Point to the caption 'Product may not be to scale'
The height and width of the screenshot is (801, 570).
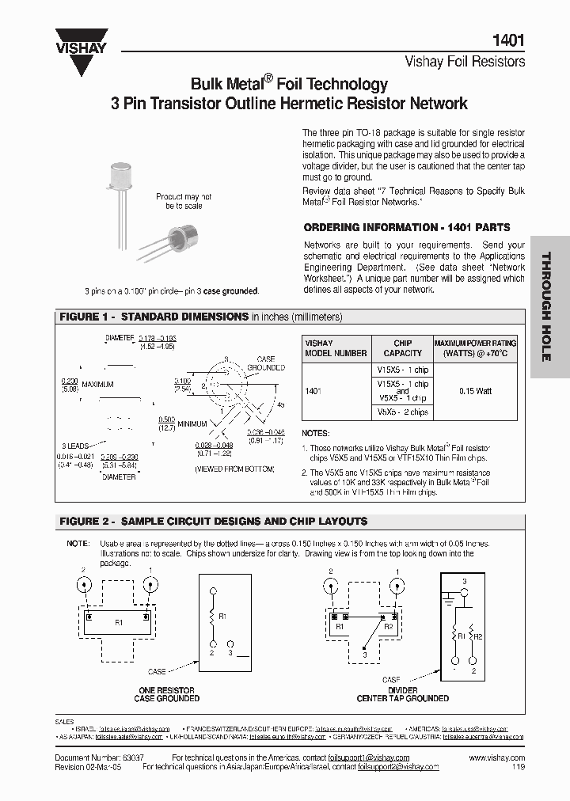tap(184, 201)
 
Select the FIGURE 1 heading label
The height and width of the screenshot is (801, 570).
tap(87, 317)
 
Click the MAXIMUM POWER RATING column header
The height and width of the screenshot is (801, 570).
tap(475, 348)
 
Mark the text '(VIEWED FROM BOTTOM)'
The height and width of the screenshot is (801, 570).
tap(234, 469)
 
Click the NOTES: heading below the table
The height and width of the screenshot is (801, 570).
tap(316, 434)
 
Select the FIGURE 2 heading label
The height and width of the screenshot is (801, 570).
tap(87, 522)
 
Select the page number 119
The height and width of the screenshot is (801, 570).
tap(518, 767)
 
